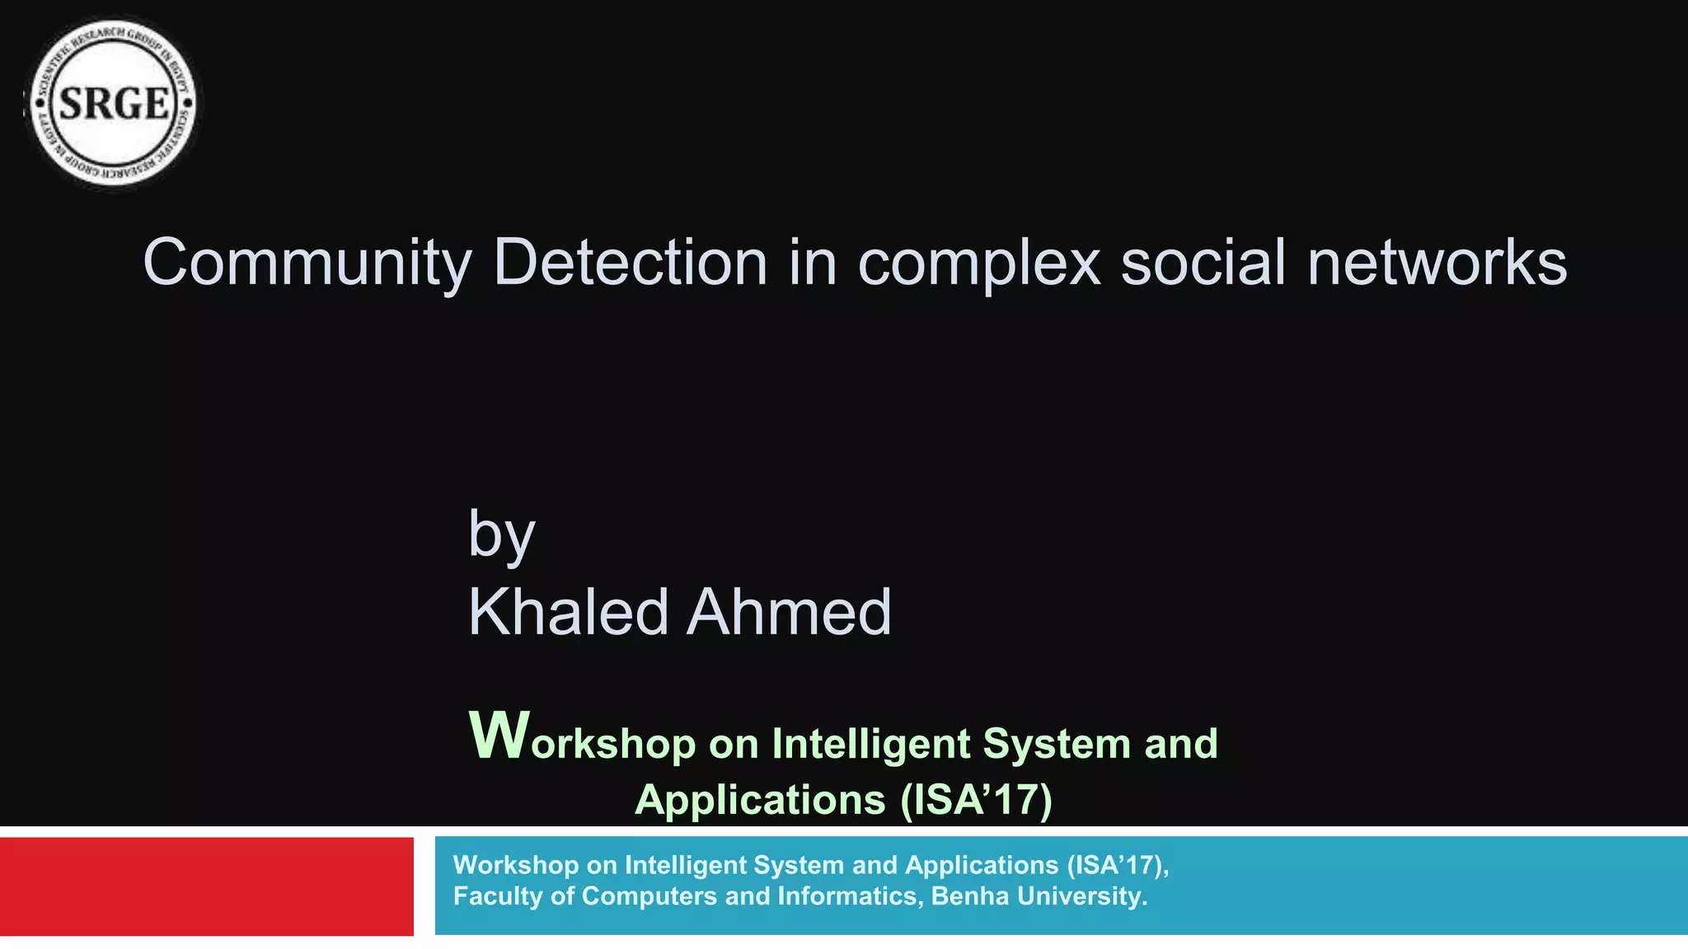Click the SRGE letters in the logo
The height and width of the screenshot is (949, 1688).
(114, 105)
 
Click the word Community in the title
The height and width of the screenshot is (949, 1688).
(307, 264)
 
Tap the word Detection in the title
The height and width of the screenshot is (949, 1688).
(630, 262)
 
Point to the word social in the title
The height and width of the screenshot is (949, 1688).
(1203, 262)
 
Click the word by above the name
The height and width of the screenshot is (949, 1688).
(501, 535)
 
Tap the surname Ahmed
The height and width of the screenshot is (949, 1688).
(789, 612)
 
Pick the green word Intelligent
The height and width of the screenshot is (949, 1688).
(870, 743)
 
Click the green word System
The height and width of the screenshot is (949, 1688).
(1057, 745)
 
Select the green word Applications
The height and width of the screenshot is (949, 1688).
(759, 800)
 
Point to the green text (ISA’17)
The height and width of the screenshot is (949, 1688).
(976, 800)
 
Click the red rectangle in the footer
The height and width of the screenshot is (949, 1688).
(206, 886)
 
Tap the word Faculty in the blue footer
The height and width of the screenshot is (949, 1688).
(498, 896)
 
